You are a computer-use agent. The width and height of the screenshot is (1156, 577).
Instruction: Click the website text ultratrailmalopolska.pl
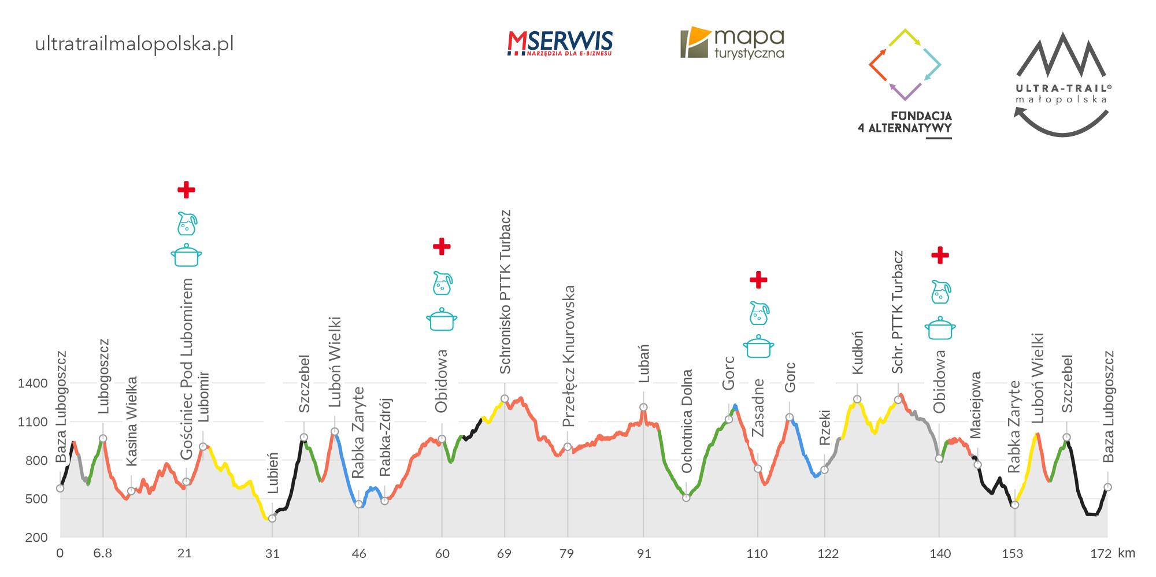(x=134, y=44)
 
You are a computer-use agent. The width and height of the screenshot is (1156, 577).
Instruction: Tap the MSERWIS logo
(x=560, y=43)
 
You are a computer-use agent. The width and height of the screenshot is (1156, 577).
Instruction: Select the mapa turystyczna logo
(x=732, y=43)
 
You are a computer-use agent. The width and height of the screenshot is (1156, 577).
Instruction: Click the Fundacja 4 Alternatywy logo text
(x=905, y=122)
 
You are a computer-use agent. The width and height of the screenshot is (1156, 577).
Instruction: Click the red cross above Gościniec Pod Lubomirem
(x=186, y=190)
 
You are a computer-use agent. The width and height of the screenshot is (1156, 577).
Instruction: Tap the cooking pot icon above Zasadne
(x=758, y=347)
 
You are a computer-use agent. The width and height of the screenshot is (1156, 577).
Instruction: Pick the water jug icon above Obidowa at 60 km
(x=442, y=283)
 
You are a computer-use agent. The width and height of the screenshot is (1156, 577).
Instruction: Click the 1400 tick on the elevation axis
(x=32, y=383)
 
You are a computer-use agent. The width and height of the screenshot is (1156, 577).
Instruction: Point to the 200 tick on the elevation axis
(x=36, y=537)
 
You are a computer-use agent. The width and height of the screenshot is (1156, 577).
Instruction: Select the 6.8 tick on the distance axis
(x=102, y=553)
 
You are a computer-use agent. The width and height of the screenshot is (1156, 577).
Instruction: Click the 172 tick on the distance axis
(x=1101, y=553)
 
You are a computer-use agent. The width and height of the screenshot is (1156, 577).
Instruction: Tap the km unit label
(x=1127, y=553)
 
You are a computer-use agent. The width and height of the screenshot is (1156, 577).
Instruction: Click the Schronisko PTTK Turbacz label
(x=505, y=292)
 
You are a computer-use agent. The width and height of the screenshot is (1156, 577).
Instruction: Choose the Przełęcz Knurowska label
(x=569, y=356)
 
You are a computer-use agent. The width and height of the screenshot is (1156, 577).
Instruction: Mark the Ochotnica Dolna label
(x=687, y=421)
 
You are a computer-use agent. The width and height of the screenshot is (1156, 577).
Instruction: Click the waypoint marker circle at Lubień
(x=272, y=518)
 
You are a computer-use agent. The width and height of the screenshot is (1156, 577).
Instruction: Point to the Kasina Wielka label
(x=132, y=421)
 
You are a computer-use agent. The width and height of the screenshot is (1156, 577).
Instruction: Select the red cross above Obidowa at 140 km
(x=940, y=255)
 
